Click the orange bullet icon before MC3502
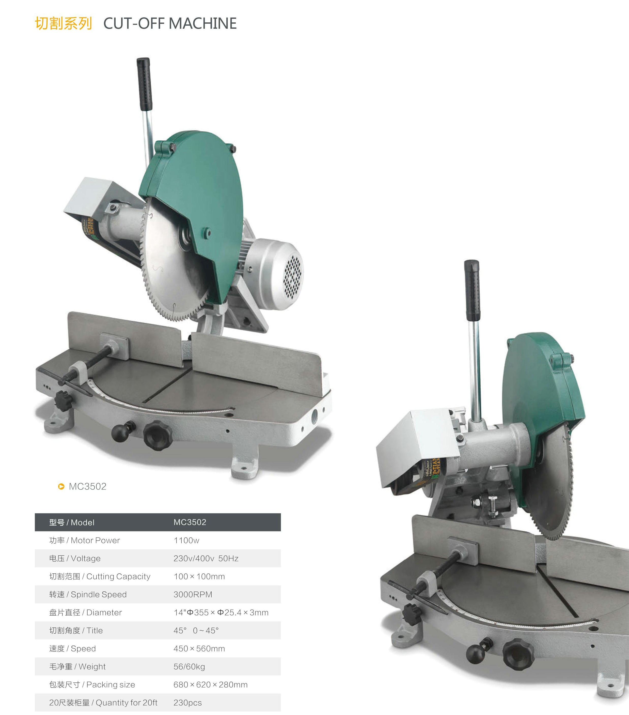pyautogui.click(x=61, y=487)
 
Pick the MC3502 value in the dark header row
pyautogui.click(x=190, y=522)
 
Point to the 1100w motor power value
pyautogui.click(x=186, y=541)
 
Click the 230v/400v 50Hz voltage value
pyautogui.click(x=206, y=559)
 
